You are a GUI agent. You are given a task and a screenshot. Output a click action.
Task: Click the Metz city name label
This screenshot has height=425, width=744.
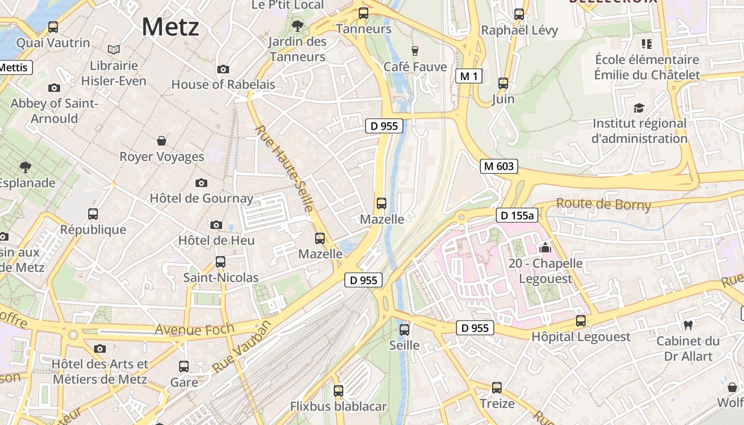tap(170, 27)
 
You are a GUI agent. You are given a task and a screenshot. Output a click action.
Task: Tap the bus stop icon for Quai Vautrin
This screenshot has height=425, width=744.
tap(53, 27)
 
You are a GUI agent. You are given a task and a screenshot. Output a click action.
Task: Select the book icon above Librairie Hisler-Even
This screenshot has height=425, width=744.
tap(113, 49)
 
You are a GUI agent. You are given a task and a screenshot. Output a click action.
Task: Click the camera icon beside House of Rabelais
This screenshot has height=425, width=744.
tap(223, 69)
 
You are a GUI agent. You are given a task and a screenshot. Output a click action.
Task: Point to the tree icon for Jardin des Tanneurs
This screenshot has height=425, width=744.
tap(298, 25)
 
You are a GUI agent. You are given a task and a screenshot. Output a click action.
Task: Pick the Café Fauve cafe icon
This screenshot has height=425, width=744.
tap(415, 50)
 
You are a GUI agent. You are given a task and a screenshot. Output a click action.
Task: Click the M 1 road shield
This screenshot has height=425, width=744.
tap(469, 76)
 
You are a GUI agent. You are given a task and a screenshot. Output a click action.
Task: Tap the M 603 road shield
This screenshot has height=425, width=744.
tap(499, 166)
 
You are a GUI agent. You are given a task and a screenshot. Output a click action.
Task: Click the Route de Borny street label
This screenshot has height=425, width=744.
tap(603, 204)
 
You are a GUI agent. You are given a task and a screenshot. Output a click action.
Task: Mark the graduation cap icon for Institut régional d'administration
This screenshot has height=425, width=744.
tap(639, 108)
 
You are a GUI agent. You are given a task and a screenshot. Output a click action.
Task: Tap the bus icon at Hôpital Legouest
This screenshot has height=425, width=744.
tap(581, 321)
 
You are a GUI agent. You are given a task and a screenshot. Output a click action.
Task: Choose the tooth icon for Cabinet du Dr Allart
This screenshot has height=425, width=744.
tap(688, 325)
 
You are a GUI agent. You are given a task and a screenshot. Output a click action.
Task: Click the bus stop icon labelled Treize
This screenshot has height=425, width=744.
tap(497, 388)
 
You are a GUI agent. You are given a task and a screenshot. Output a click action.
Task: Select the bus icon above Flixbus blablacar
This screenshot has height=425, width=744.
tap(339, 391)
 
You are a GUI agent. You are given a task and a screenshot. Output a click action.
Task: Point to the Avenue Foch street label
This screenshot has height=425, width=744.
tap(194, 329)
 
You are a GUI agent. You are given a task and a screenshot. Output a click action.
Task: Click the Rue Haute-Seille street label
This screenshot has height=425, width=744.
tap(284, 169)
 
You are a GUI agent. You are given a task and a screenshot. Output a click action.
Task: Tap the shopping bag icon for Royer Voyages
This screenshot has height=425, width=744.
tap(162, 141)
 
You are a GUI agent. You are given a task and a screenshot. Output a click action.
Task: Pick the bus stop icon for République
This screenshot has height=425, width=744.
tap(93, 214)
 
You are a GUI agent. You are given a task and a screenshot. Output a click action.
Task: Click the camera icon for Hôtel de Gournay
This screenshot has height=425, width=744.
tap(201, 183)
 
